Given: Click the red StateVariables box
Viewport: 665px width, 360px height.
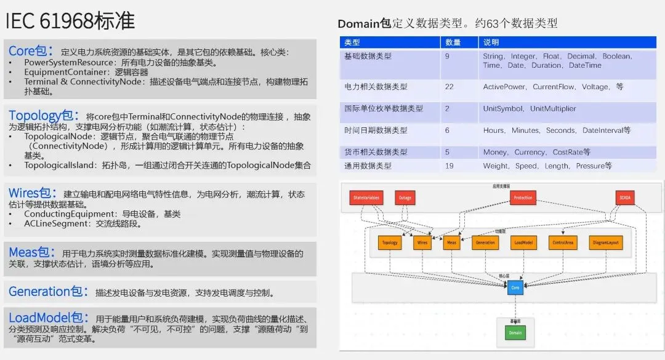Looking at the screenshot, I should point(367,198).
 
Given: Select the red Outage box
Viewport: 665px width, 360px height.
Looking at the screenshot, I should point(405,198).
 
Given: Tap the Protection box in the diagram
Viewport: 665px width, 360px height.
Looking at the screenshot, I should point(522,198).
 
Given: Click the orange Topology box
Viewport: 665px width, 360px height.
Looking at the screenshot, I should point(390,243).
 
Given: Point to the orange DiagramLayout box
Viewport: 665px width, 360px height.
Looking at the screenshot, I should point(605,243).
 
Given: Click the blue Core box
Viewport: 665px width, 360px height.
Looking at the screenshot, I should point(515,287).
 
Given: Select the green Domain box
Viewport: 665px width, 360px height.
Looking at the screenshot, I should point(515,333).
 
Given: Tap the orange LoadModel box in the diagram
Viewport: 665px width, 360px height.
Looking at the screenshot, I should point(522,243).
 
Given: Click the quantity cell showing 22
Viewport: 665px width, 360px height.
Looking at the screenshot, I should point(449,87).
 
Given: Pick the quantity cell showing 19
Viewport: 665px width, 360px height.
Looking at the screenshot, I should point(449,166).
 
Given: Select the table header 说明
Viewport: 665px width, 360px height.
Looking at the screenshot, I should point(491,42).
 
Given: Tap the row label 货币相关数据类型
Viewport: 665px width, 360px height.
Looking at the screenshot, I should point(376,152).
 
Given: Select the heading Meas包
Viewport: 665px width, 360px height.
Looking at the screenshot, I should point(31,252).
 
